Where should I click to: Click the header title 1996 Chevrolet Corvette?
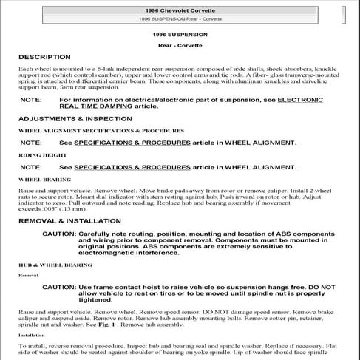(x=179, y=6)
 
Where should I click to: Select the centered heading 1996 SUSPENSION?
(x=179, y=34)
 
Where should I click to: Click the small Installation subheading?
(x=32, y=335)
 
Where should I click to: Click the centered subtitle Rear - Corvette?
(x=179, y=44)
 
